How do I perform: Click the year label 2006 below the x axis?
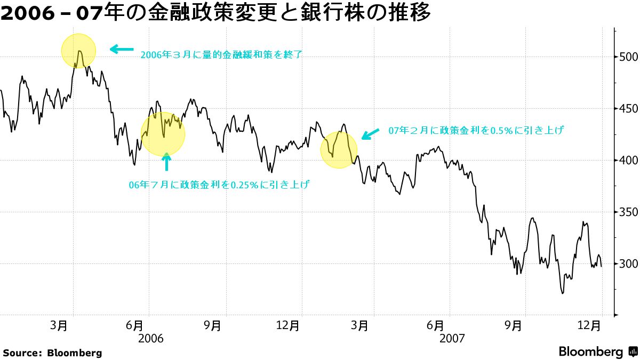click(150, 339)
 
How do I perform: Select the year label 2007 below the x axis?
click(452, 339)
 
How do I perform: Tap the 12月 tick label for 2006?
click(288, 325)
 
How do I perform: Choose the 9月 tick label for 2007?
click(514, 325)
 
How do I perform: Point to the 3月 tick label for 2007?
click(362, 325)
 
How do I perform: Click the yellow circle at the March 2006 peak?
click(78, 51)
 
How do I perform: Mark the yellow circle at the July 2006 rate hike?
click(163, 134)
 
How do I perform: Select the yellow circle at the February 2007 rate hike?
click(339, 150)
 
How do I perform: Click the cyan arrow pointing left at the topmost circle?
click(122, 50)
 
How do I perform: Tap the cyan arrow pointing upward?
click(167, 161)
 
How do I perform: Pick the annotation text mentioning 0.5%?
click(476, 130)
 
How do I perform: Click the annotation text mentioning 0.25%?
click(219, 185)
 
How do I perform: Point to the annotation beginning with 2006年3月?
click(221, 54)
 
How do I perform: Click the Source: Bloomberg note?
click(52, 353)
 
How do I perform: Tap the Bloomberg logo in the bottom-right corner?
click(597, 351)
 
